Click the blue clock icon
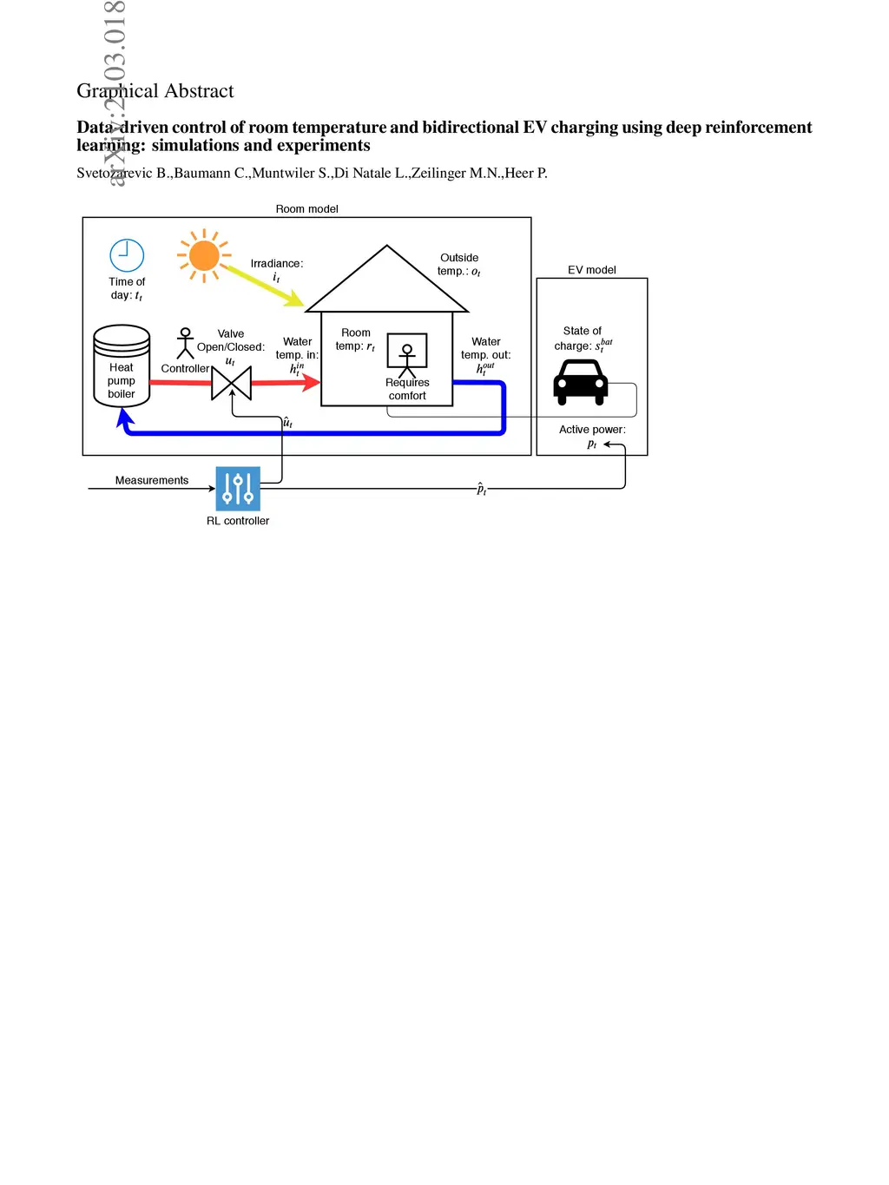127,255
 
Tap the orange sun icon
204,255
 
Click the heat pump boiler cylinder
122,365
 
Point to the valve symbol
232,383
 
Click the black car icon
581,382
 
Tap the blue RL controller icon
238,488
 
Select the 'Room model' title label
306,209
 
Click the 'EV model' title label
592,270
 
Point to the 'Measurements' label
152,480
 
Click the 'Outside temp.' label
459,265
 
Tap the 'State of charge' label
583,339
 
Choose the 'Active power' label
592,430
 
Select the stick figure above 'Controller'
185,343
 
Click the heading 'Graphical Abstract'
155,91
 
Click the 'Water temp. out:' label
486,348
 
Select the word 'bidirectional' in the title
471,128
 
